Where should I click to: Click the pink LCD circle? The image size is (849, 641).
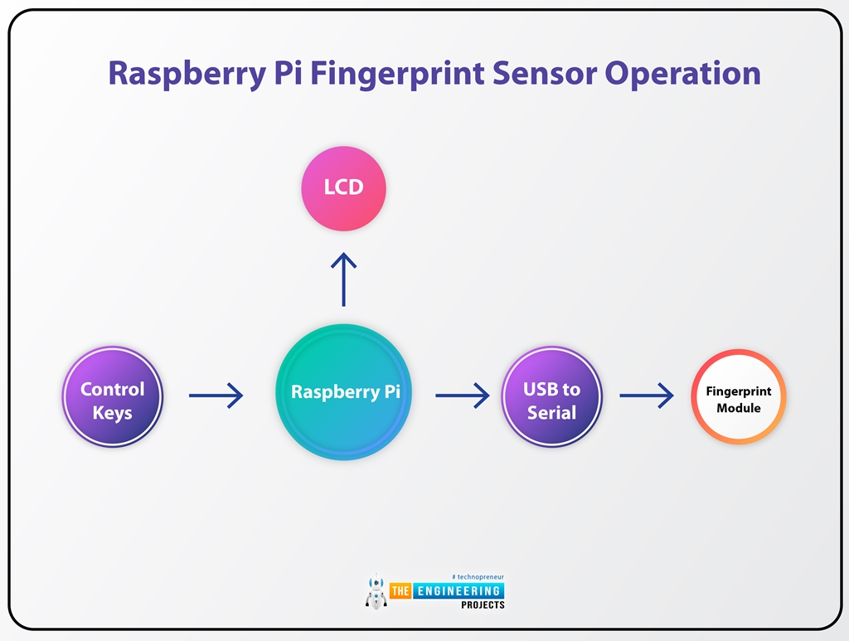coord(343,188)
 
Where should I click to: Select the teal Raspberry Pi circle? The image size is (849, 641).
coord(343,392)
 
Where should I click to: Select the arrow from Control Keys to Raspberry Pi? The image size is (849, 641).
coord(216,396)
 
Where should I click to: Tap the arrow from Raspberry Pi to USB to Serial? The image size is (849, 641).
coord(462,396)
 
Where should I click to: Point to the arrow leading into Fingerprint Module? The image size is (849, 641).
coord(646,396)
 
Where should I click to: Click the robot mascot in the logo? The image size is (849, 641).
coord(376,590)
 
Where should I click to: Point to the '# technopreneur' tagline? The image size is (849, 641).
coord(478,576)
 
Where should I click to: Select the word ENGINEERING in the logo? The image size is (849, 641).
coord(458,590)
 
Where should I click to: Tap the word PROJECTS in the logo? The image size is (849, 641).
coord(483,605)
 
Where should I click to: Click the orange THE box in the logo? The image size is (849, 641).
coord(400,590)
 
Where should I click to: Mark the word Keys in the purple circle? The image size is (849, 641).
coord(113,412)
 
